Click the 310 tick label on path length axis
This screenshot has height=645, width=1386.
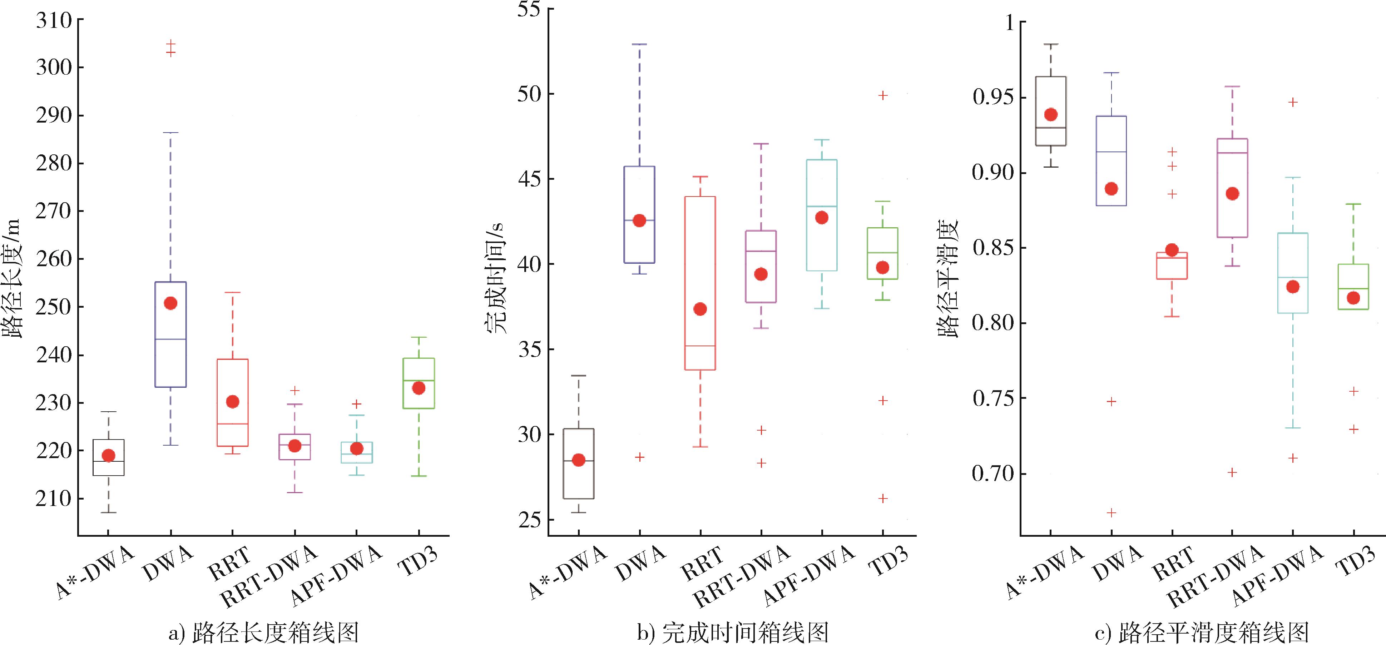tap(53, 20)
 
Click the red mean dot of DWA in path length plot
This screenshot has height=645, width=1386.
tap(170, 303)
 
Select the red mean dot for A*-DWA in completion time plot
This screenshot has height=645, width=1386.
tap(578, 460)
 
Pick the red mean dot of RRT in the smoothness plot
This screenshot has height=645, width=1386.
tap(1172, 250)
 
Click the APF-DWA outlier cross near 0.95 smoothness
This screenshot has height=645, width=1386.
tap(1293, 102)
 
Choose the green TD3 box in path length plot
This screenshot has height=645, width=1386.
tap(419, 383)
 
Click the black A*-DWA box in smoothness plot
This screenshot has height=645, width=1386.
tap(1050, 111)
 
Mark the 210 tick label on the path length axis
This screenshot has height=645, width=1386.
tap(53, 499)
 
